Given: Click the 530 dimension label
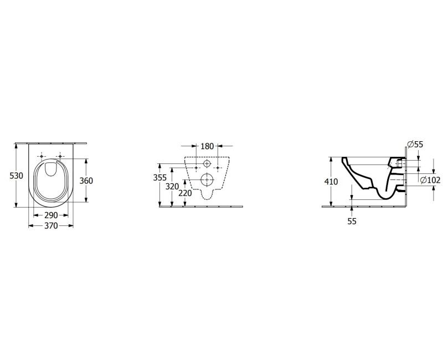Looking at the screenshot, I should click(17, 176).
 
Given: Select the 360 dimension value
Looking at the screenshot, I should click(86, 181).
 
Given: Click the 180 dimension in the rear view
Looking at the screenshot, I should click(207, 147).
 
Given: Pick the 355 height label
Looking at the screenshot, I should click(159, 178).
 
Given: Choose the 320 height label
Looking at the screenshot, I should click(172, 187).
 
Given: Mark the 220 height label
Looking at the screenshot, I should click(185, 194).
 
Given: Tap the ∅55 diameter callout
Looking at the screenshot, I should click(415, 145).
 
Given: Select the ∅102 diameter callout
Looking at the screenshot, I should click(430, 180).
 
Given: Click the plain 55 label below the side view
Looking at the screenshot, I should click(352, 221).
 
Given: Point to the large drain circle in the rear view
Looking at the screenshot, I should click(207, 179).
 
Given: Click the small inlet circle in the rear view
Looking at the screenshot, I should click(207, 164).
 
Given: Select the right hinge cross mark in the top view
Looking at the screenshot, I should click(59, 156).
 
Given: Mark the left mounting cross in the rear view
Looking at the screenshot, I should click(195, 167).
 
